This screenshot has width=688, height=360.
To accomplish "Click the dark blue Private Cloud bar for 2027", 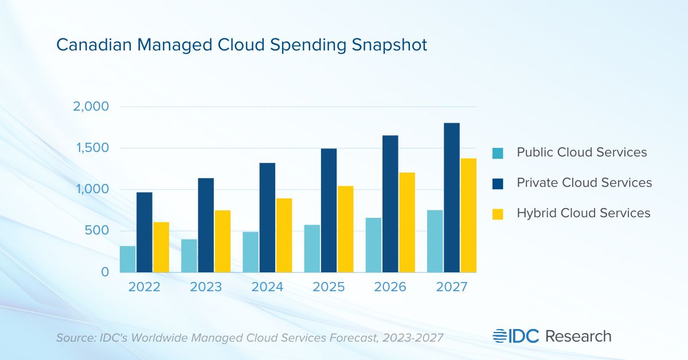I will (451, 197).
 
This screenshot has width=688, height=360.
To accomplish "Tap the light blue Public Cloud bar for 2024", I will (251, 252).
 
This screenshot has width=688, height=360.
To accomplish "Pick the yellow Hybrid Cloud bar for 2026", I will (406, 222).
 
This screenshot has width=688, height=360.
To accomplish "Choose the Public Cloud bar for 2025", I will (312, 248).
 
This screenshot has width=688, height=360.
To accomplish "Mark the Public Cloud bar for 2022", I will (128, 259).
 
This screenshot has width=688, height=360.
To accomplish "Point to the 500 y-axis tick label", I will (97, 231).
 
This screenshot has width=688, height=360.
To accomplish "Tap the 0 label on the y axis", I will (104, 272).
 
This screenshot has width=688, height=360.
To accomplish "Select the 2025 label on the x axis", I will (329, 287).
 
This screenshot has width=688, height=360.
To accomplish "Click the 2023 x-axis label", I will (206, 287).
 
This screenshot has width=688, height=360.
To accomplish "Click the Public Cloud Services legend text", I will (581, 152).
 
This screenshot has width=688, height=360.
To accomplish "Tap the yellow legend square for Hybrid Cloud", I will (498, 213).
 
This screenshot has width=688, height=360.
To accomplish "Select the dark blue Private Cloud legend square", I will (498, 183).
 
